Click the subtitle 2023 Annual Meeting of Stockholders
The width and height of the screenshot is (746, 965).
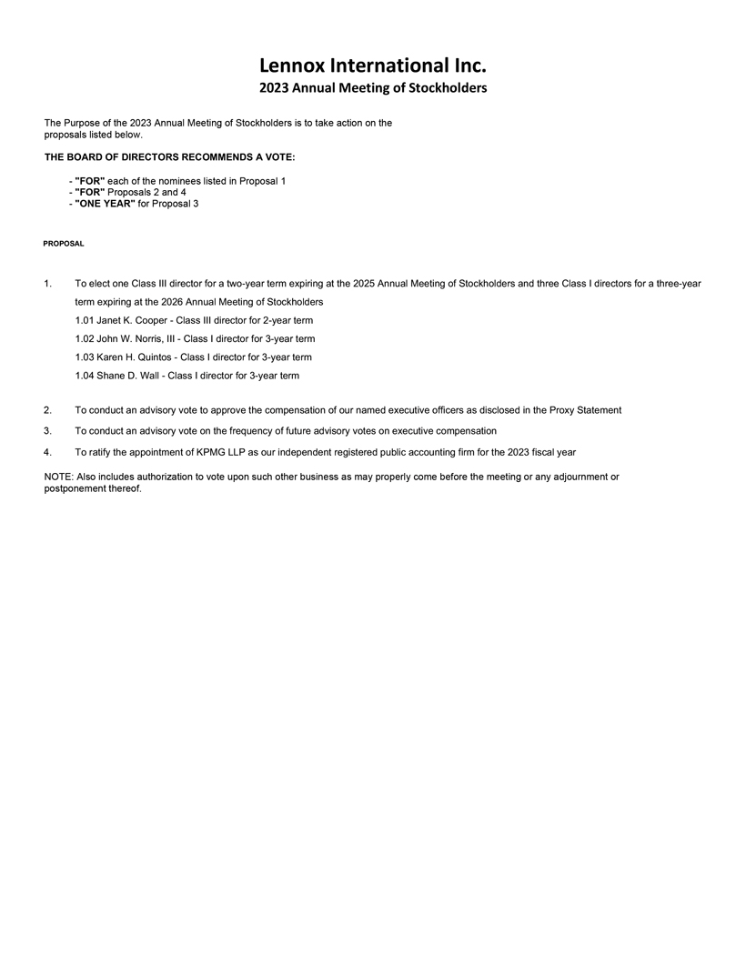(373, 88)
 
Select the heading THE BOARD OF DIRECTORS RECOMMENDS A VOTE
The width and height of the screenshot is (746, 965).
(169, 157)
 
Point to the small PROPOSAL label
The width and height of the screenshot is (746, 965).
(64, 244)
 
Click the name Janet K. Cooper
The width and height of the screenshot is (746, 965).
(131, 321)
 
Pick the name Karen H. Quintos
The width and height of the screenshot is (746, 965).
(134, 357)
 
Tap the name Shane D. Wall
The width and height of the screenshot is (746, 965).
(126, 376)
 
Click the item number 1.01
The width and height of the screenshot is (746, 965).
(85, 321)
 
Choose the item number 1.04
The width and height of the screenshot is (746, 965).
(85, 376)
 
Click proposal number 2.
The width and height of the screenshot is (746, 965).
(47, 411)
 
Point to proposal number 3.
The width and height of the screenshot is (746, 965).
(47, 431)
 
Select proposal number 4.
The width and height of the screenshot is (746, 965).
(47, 452)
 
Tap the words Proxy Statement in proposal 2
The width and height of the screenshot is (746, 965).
(586, 411)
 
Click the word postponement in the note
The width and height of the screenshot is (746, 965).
(76, 488)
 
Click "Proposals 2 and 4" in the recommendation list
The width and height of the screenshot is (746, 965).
(147, 192)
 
